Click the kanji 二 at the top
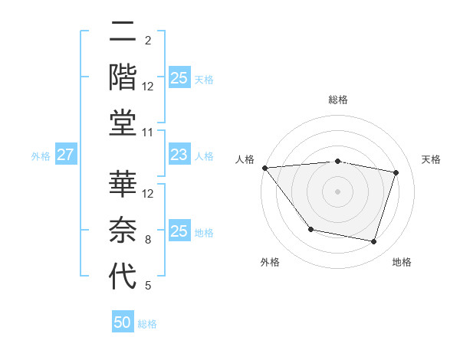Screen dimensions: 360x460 point(123,34)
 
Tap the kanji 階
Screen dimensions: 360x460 point(123,78)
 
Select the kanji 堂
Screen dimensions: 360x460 point(123,123)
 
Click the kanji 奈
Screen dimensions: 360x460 point(123,230)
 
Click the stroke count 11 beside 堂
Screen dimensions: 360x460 point(149,133)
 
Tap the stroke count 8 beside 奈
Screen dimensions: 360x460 point(147,240)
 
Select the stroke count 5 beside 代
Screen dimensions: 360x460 point(147,286)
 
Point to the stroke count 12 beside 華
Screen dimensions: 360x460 point(149,194)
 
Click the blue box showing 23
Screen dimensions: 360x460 point(179,155)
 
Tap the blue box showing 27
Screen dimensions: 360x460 point(66,155)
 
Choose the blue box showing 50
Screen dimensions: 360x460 point(123,323)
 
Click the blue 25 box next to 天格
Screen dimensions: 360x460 point(179,77)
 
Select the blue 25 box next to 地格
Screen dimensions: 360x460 point(179,231)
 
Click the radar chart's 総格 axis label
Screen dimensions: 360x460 point(337,100)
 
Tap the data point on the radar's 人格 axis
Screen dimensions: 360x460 point(264,168)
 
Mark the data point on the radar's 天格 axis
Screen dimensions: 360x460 point(396,172)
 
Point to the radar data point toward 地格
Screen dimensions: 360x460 point(373,242)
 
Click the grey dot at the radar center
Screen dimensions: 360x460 point(337,191)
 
